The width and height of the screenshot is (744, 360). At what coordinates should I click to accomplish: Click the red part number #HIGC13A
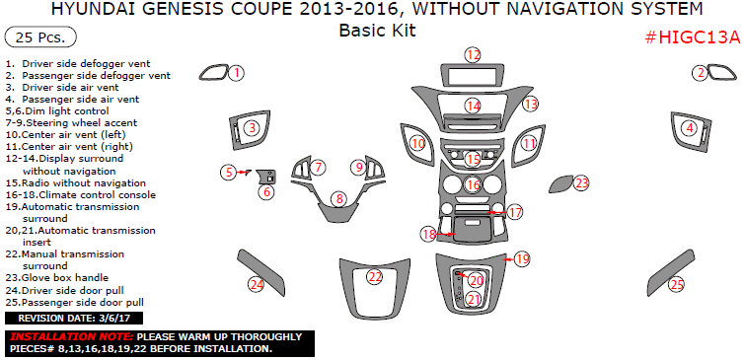(x=693, y=37)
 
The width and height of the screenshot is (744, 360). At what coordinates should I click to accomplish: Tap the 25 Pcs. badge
(x=40, y=37)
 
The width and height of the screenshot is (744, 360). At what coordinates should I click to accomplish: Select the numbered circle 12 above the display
(x=473, y=54)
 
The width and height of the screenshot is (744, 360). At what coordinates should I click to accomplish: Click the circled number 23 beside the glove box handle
(x=582, y=183)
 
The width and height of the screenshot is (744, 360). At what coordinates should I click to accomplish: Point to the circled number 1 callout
(x=237, y=73)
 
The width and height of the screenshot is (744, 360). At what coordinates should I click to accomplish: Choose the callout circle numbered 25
(x=677, y=285)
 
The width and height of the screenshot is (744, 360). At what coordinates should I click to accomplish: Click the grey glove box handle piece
(x=560, y=184)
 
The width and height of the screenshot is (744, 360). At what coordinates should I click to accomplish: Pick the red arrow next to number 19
(x=509, y=259)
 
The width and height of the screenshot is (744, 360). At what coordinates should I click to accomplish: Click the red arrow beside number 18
(x=445, y=234)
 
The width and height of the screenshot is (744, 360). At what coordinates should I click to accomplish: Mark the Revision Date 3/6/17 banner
(x=74, y=319)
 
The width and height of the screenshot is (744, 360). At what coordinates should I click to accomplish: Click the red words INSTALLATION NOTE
(x=72, y=337)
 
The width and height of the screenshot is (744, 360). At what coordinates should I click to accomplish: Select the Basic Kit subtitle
(x=378, y=31)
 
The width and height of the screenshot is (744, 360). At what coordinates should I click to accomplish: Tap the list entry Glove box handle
(x=57, y=278)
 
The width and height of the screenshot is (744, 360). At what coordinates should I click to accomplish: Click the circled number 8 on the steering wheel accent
(x=338, y=199)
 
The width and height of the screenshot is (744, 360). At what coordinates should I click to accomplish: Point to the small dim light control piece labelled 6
(x=266, y=177)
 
